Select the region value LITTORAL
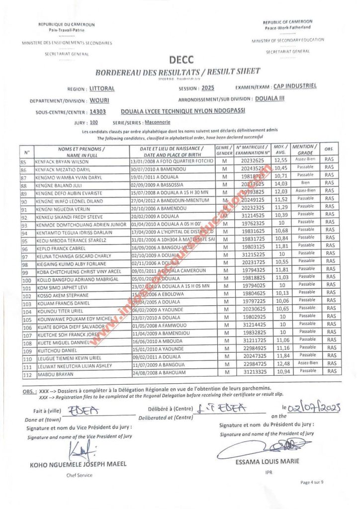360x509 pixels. pos(102,89)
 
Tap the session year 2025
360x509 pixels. pos(208,88)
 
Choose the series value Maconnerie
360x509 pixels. pos(136,122)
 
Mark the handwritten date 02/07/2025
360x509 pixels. pos(313,409)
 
